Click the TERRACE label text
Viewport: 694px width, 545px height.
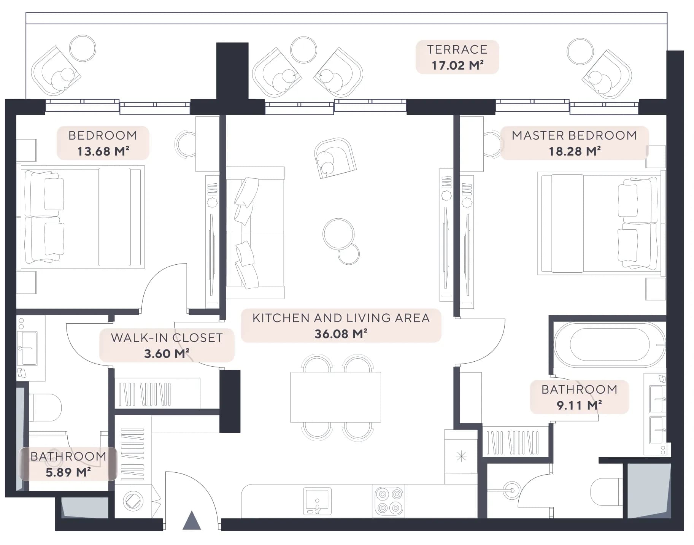(x=457, y=49)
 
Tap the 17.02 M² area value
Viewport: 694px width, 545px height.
(x=457, y=65)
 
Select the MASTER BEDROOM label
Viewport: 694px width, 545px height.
(x=574, y=135)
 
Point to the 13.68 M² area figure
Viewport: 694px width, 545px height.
(x=103, y=151)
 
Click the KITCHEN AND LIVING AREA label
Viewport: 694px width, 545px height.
(x=341, y=318)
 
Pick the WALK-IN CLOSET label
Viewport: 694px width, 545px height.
(x=167, y=338)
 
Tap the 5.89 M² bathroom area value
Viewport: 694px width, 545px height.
(x=68, y=472)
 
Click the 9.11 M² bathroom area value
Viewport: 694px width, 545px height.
(x=579, y=405)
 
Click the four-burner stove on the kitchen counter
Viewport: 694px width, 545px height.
(x=389, y=501)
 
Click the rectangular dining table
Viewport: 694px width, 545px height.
(x=335, y=397)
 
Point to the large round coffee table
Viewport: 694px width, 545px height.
(x=338, y=234)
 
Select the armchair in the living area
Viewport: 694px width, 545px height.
(x=335, y=157)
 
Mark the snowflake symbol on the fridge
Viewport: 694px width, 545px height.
(x=461, y=456)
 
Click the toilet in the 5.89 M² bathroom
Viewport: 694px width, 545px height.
(x=45, y=408)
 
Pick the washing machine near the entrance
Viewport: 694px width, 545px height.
(x=133, y=501)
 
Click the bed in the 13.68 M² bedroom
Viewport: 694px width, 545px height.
(x=81, y=217)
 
